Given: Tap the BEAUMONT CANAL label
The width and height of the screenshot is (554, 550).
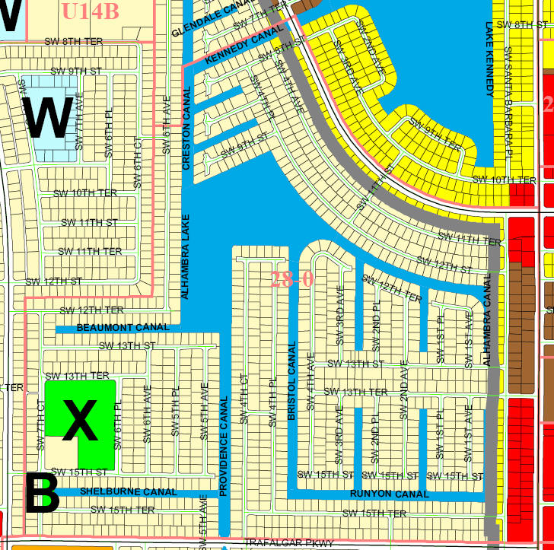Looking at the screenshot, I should (x=123, y=328).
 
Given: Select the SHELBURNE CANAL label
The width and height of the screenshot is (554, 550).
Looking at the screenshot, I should (x=128, y=491).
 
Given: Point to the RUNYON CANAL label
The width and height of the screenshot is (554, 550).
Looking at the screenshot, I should (x=389, y=494).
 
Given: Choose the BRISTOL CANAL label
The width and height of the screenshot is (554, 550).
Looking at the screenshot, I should (x=291, y=381).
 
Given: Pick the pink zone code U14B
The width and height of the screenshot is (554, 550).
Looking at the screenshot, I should (x=91, y=11).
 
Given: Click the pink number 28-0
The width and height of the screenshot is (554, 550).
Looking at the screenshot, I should (x=292, y=278).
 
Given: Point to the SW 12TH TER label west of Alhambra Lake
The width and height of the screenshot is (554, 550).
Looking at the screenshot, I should (x=91, y=310).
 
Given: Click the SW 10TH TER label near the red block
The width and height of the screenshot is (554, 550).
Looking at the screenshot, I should (x=504, y=180).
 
